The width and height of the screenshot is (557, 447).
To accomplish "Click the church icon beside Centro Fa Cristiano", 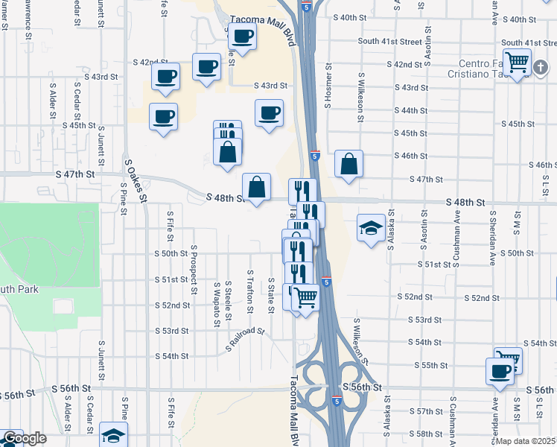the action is pyautogui.click(x=541, y=67).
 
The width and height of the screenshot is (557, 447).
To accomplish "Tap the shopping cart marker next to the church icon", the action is pyautogui.click(x=516, y=61).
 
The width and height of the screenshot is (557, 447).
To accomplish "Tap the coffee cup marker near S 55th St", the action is pyautogui.click(x=500, y=370).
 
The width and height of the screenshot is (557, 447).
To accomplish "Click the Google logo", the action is pyautogui.click(x=25, y=438).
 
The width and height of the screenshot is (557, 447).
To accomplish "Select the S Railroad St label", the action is pyautogui.click(x=246, y=338).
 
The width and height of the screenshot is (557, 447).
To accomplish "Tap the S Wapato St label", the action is pyautogui.click(x=217, y=304).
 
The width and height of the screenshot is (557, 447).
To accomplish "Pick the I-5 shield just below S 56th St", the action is pyautogui.click(x=337, y=401).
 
